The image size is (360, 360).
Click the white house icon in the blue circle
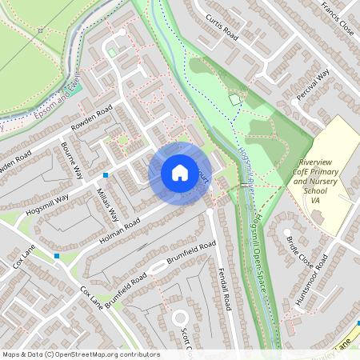(x=179, y=173)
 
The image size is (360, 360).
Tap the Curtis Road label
(x=222, y=26)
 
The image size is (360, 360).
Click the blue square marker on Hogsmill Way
(x=106, y=174)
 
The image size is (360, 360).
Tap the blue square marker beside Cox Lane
(x=56, y=256)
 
